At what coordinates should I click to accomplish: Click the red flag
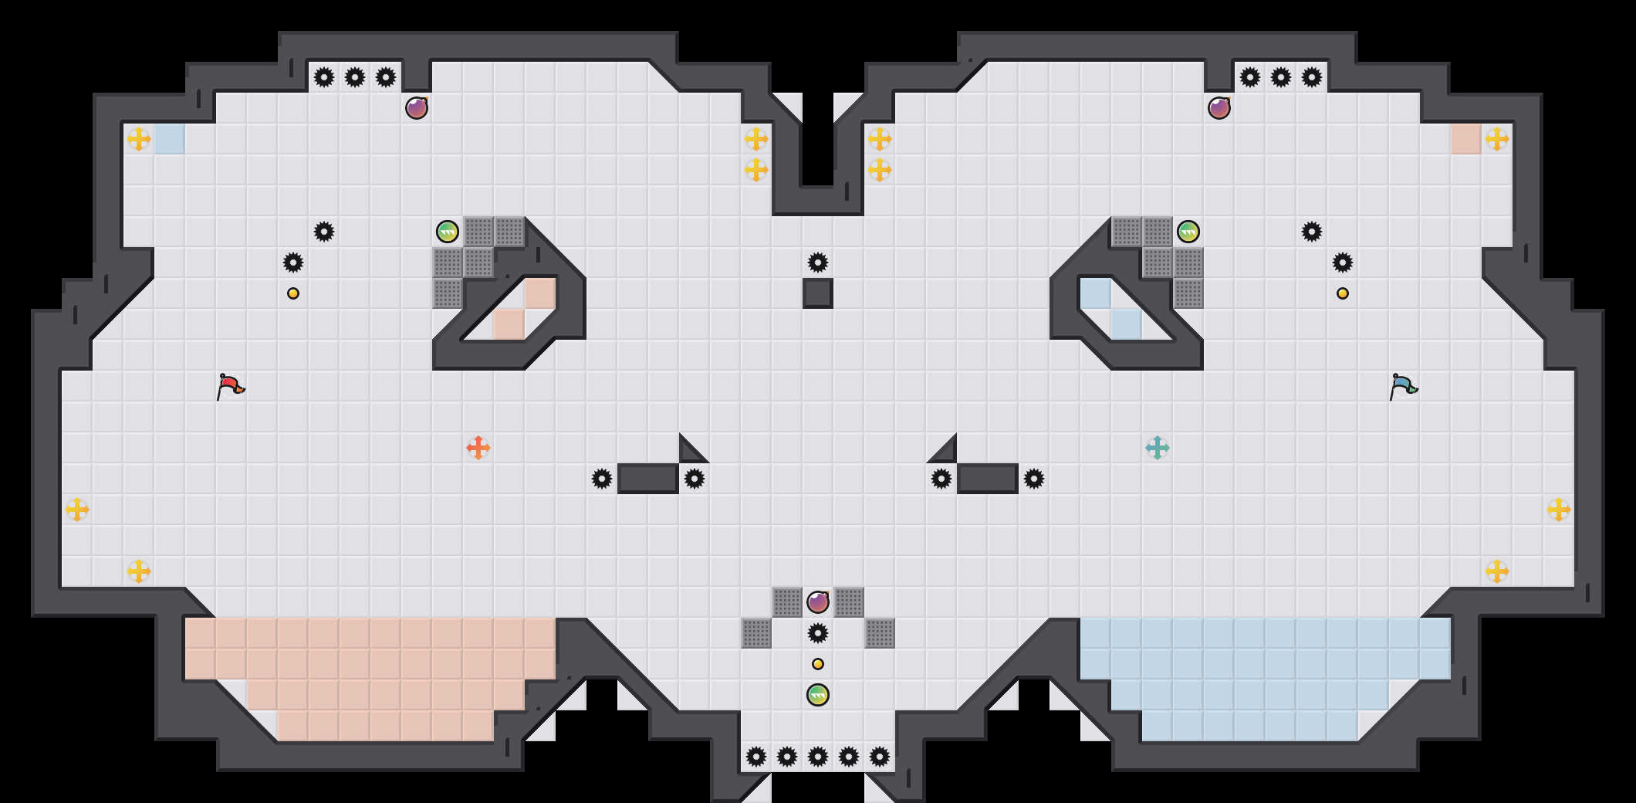pos(230,385)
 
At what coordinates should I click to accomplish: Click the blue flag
pos(1403,385)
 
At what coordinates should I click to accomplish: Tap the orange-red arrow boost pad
pos(478,448)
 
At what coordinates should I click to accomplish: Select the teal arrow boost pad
pos(1158,448)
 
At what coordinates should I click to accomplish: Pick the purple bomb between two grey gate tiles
pos(818,601)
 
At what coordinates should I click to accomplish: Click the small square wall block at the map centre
pos(818,293)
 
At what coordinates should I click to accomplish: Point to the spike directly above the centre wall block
pos(818,263)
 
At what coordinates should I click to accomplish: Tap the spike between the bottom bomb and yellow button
pos(818,633)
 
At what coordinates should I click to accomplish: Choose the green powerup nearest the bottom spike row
pos(818,695)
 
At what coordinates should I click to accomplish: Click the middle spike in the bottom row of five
pos(818,757)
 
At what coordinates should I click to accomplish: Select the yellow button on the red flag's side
pos(293,293)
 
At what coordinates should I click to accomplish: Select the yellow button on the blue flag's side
pos(1343,293)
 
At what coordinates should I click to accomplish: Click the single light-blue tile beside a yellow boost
pos(170,139)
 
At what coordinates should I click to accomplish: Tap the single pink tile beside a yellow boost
pos(1466,139)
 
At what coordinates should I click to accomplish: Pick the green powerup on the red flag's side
pos(448,232)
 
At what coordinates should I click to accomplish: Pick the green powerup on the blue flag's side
pos(1188,232)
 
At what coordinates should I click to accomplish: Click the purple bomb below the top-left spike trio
pos(417,108)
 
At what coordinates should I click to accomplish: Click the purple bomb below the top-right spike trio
pos(1219,108)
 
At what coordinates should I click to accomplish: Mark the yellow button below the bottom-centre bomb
pos(818,664)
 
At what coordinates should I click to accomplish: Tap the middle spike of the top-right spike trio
pos(1281,77)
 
